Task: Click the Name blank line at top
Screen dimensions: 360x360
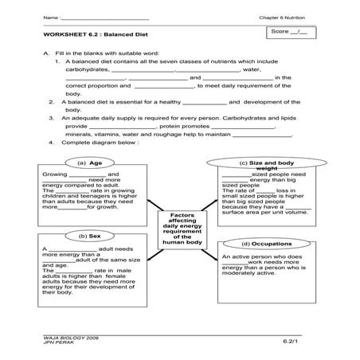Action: tap(104, 17)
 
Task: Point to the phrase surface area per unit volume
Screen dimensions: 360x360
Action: tap(263, 212)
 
